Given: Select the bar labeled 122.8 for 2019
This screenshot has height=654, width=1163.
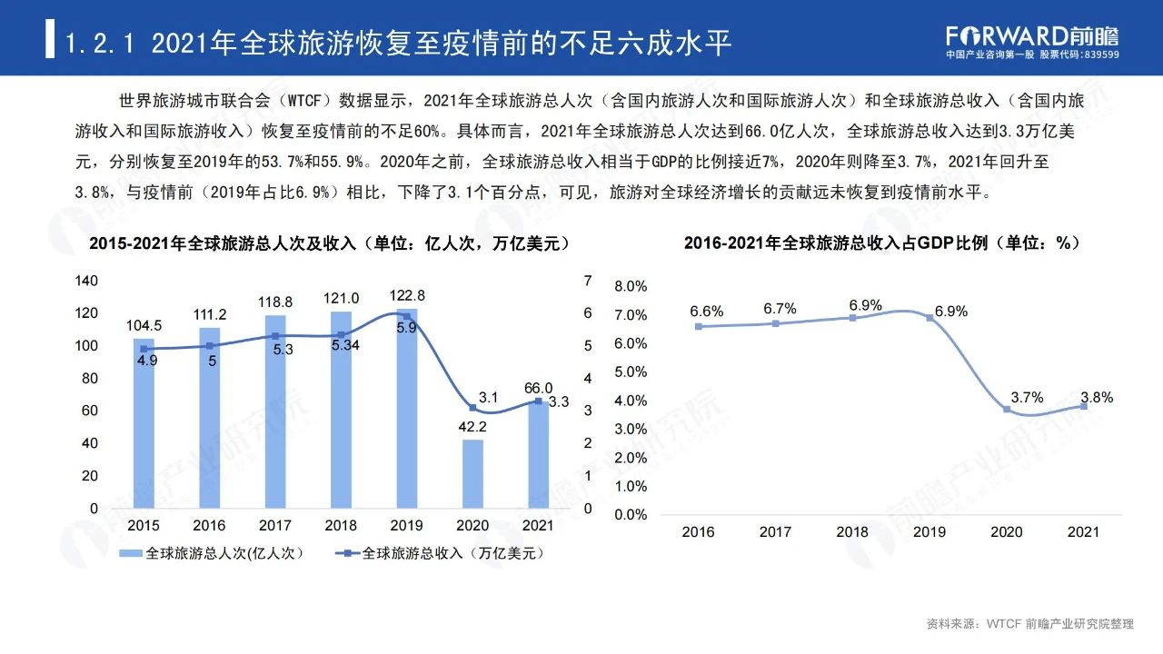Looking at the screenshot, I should pos(406,409).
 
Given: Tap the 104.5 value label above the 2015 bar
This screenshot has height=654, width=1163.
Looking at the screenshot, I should pos(144,325).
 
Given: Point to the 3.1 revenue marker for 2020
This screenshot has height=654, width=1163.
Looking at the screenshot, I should pos(472,408).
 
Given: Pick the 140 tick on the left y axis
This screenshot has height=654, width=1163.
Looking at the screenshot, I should pos(86,281).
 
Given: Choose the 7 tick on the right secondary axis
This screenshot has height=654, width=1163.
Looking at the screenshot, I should pos(588,281).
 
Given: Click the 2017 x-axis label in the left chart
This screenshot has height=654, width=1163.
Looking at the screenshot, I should pos(274,526).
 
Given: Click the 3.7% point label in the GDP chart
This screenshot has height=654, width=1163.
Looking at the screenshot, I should pos(1027,397).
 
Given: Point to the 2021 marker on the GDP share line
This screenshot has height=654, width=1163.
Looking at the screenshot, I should pos(1084,406).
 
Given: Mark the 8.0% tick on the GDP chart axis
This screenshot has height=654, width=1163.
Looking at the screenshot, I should pos(631,286).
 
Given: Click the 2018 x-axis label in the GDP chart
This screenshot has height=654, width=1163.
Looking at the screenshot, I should pos(852,532).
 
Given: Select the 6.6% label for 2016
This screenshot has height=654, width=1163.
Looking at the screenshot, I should pos(706,312).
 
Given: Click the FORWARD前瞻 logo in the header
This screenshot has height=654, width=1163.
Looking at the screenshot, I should pos(1032,35).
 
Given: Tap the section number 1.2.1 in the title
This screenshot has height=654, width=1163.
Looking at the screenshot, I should pos(103,43).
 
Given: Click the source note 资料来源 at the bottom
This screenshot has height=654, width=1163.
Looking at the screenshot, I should pos(1030,624).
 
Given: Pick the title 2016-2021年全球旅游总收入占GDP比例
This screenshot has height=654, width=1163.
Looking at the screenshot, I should pos(881,243).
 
